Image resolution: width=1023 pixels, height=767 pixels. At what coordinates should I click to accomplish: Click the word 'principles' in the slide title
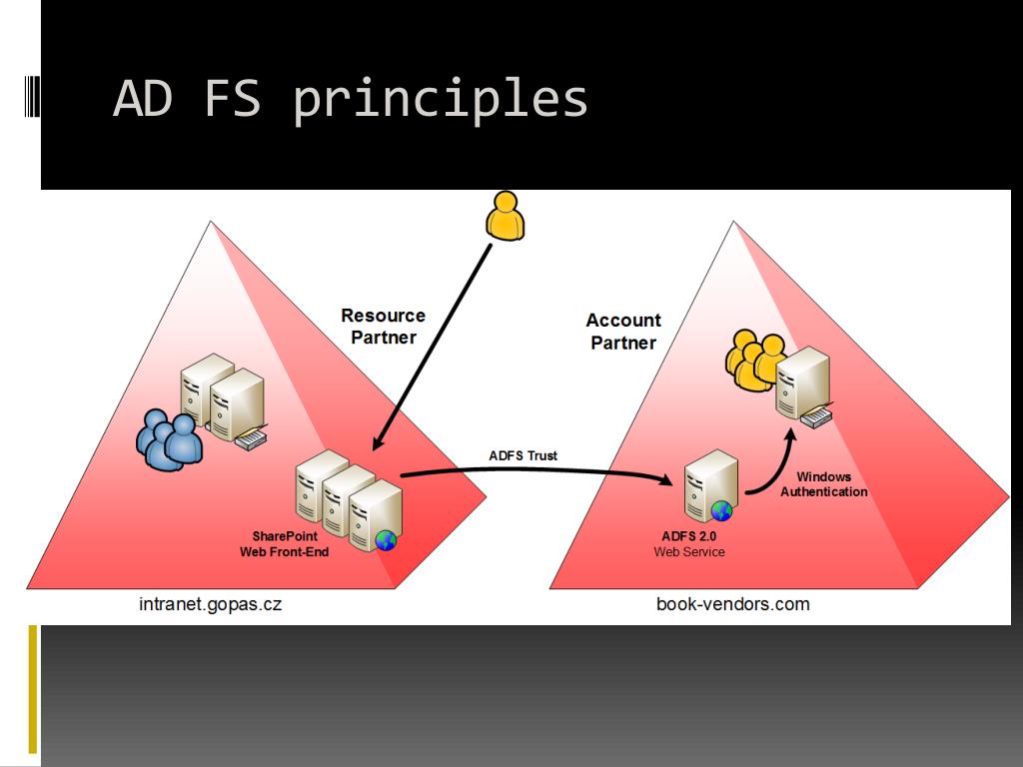(x=441, y=100)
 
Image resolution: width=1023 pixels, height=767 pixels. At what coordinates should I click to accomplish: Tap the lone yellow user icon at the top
(x=505, y=216)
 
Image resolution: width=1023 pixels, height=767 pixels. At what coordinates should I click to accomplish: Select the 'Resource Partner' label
(x=383, y=327)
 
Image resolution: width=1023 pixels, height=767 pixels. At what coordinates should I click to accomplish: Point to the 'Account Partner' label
(x=623, y=332)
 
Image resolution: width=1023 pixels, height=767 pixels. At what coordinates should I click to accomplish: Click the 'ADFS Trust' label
(x=523, y=455)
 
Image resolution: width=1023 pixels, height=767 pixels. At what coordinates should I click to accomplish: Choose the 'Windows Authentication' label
(x=824, y=484)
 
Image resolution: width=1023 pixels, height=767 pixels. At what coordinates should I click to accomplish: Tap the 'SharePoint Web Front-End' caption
(x=285, y=544)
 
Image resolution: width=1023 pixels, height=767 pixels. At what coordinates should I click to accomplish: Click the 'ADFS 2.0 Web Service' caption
(x=689, y=544)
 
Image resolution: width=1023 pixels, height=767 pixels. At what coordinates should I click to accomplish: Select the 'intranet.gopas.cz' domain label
(x=210, y=604)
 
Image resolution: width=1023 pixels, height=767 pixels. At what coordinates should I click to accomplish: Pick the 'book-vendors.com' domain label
(x=733, y=604)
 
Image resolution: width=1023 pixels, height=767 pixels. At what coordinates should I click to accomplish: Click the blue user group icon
(x=169, y=438)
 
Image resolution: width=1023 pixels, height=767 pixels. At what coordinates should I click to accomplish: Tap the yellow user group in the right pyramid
(x=754, y=360)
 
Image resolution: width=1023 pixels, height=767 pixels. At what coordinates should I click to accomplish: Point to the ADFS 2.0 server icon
(x=710, y=485)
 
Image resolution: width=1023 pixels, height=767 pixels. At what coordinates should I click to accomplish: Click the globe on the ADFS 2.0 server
(x=721, y=511)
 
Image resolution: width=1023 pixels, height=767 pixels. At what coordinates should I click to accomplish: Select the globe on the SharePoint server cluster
(x=386, y=540)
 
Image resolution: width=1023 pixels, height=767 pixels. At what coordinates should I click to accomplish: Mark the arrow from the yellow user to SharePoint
(x=432, y=345)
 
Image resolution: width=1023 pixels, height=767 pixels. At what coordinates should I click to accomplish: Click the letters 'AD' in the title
(x=143, y=98)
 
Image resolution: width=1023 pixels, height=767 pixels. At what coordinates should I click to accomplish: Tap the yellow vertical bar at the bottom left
(x=33, y=689)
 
